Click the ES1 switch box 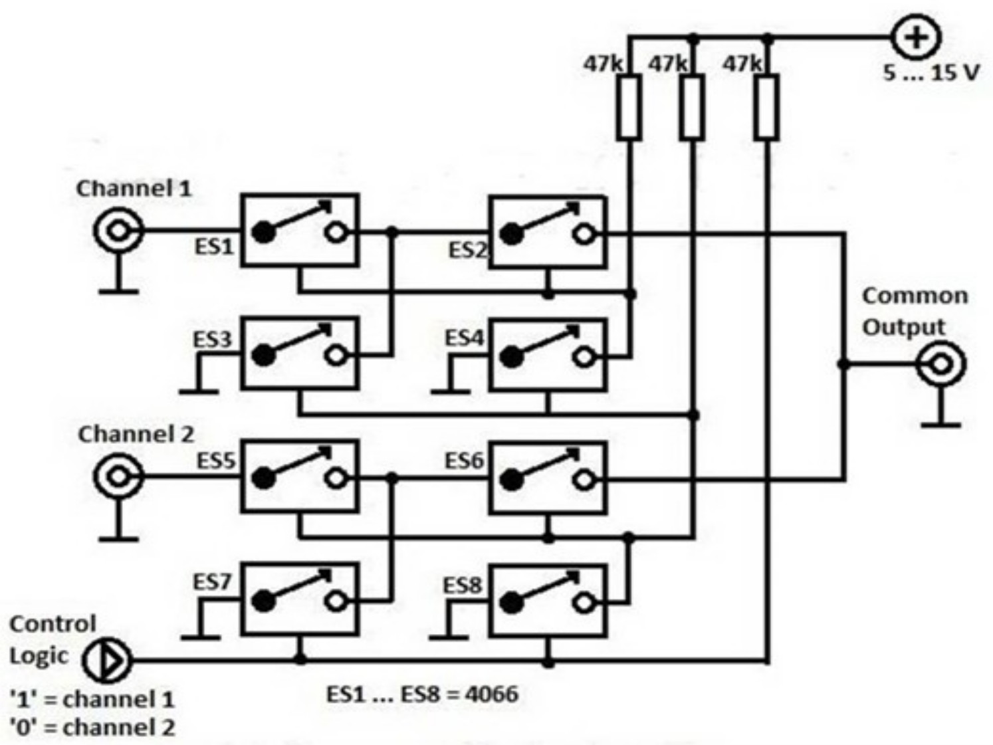point(299,231)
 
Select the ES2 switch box point(547,233)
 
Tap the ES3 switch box point(299,354)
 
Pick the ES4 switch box point(547,356)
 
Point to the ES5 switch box point(299,477)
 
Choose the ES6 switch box point(547,479)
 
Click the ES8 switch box point(547,601)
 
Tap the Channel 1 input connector point(118,231)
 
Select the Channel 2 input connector point(118,477)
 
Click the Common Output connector point(940,364)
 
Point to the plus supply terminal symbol point(916,37)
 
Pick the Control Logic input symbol point(107,660)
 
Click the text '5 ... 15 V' point(931,72)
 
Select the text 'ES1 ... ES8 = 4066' point(422,694)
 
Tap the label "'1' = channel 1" point(92,699)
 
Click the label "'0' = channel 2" point(92,727)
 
